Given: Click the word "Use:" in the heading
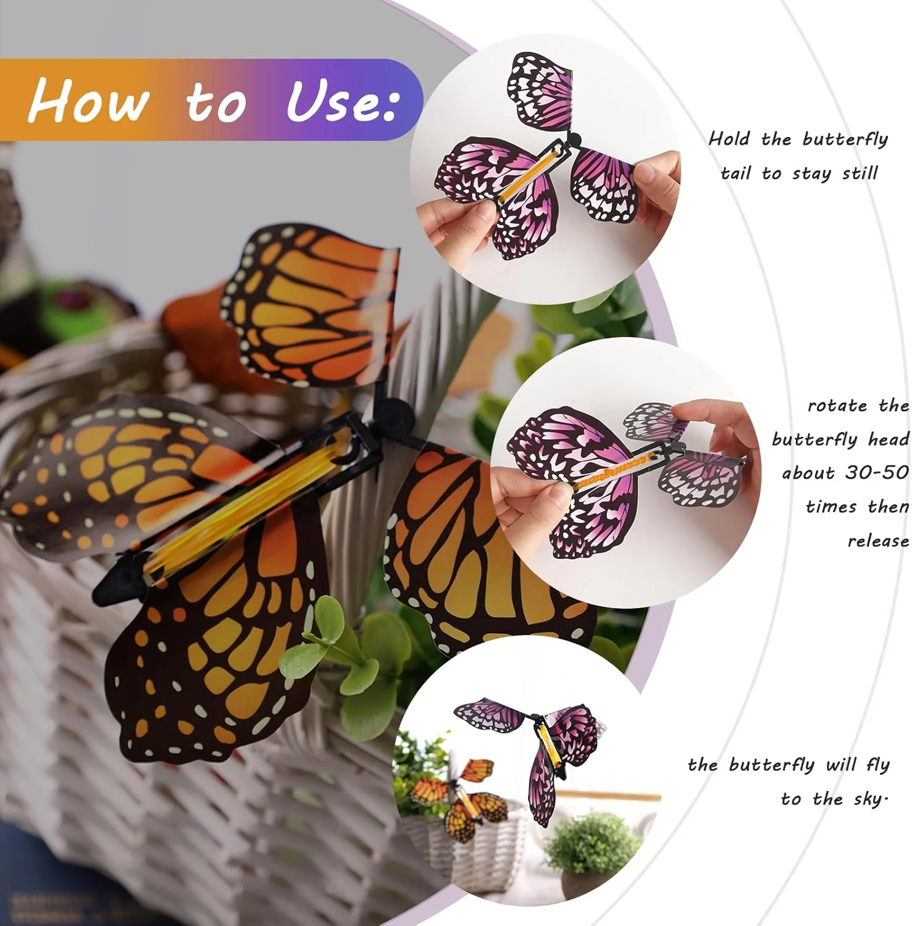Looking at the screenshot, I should click(x=341, y=101).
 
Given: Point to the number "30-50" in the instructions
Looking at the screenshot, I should click(x=876, y=473).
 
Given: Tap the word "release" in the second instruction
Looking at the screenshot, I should click(x=877, y=541).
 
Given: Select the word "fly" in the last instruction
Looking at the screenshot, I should click(x=877, y=765).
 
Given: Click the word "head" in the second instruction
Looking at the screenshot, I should click(x=888, y=440).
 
